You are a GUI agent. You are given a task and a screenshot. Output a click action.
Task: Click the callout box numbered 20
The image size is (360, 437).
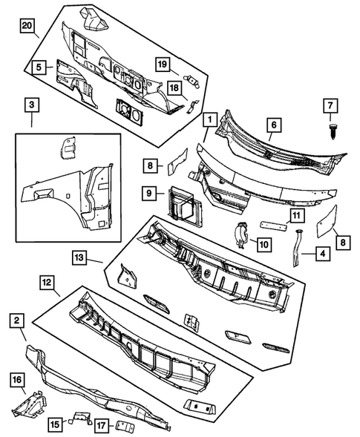pyautogui.click(x=27, y=27)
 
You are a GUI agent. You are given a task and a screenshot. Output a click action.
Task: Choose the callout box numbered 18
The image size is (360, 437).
pyautogui.click(x=175, y=88)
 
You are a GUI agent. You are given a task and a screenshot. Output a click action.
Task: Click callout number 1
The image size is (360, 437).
pyautogui.click(x=211, y=119)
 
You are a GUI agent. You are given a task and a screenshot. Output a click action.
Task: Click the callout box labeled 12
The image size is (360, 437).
pyautogui.click(x=46, y=283)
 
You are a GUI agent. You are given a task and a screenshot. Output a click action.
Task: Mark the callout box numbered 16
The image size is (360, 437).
pyautogui.click(x=16, y=381)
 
